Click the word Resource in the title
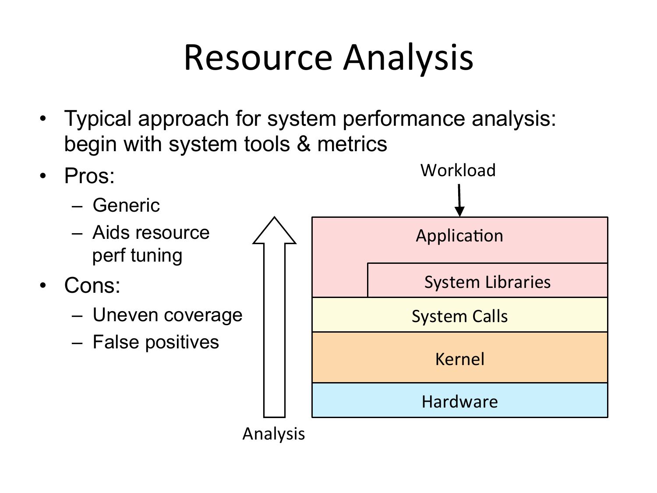point(258,57)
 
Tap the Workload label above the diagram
point(458,170)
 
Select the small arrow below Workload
point(459,200)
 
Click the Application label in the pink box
point(459,236)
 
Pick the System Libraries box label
point(487,282)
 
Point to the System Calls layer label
point(459,316)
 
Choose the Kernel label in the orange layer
point(459,359)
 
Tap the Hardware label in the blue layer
point(459,401)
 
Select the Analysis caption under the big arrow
point(274,434)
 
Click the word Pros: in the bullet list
point(89,176)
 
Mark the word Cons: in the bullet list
point(92,286)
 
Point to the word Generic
point(126,206)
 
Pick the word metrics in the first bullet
point(352,144)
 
